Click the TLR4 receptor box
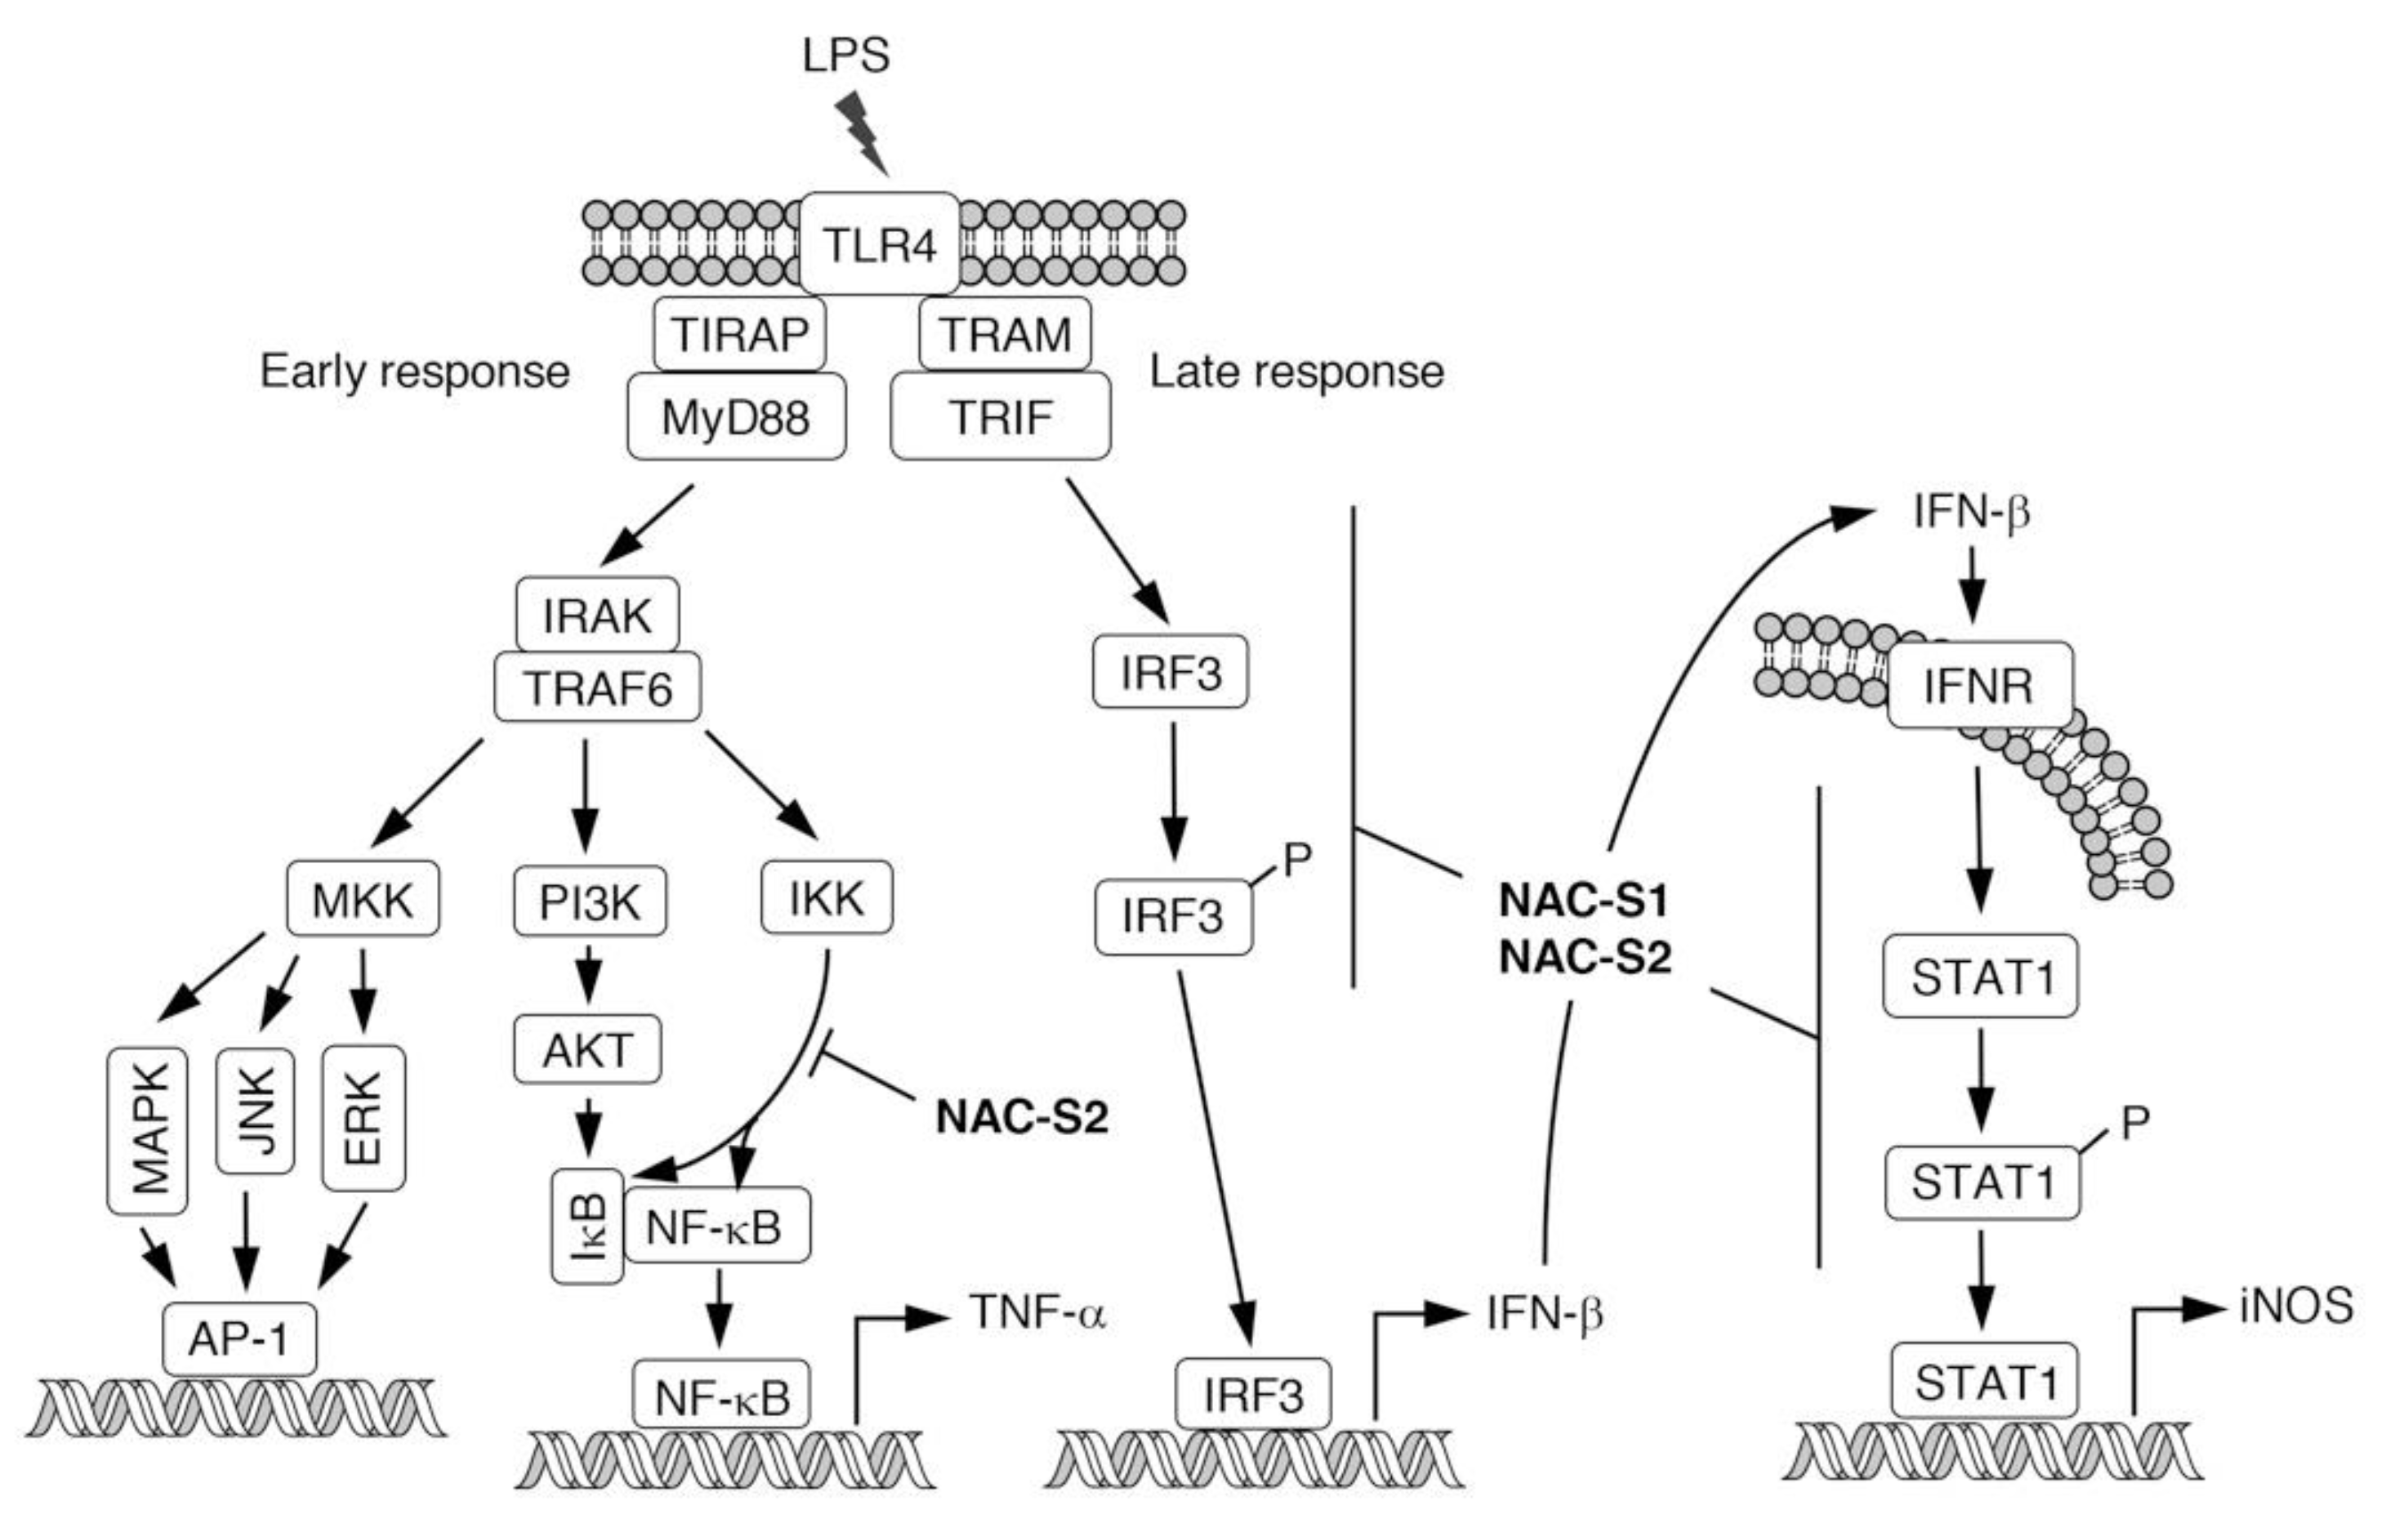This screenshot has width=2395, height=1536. tap(879, 244)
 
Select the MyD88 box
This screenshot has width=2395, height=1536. tap(735, 417)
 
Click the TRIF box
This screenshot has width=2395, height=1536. tap(1000, 417)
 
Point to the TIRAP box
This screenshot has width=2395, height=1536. tap(739, 334)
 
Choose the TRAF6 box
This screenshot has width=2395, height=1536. tap(597, 688)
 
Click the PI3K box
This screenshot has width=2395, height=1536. tap(590, 902)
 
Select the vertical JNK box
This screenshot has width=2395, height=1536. tap(256, 1110)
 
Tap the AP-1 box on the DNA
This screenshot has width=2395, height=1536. tap(239, 1338)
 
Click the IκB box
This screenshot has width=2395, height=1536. tap(587, 1227)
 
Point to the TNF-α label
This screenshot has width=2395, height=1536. tap(1037, 1312)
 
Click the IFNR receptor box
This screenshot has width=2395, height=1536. tap(1979, 686)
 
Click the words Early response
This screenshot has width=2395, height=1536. tap(414, 372)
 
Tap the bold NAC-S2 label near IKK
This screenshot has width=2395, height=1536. tap(1021, 1117)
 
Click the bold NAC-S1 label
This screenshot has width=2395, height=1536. tap(1584, 901)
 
